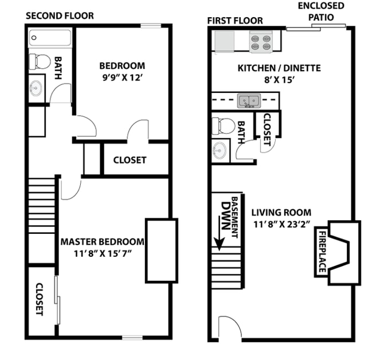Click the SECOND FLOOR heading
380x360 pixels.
click(60, 15)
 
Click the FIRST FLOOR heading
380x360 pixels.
click(235, 21)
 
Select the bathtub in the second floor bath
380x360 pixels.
click(50, 38)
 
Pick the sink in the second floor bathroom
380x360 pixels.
click(37, 88)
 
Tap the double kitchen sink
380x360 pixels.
click(249, 101)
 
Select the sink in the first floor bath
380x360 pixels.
click(220, 150)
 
